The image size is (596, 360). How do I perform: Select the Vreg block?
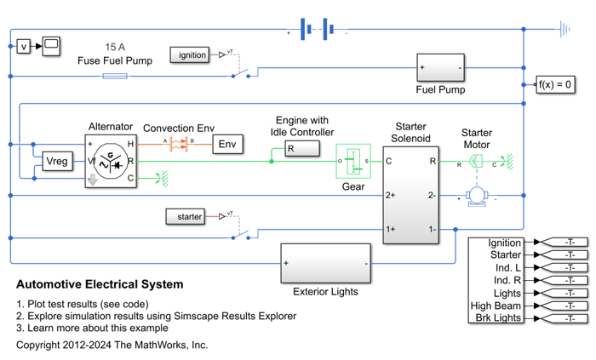(x=57, y=161)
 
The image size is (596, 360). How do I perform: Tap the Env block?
(x=227, y=144)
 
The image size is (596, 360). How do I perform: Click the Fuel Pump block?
(x=440, y=66)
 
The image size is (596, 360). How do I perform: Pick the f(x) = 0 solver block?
(x=555, y=84)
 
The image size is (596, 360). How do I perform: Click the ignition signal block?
(x=192, y=55)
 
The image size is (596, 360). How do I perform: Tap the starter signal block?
(x=185, y=217)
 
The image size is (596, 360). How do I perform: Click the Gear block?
(x=352, y=160)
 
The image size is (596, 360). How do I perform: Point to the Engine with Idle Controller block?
(x=302, y=150)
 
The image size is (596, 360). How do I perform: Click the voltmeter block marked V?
(x=24, y=46)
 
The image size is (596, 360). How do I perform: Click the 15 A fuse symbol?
(x=115, y=76)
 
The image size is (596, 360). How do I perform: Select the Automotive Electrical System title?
(x=100, y=284)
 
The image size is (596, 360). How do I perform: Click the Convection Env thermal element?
(x=179, y=144)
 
